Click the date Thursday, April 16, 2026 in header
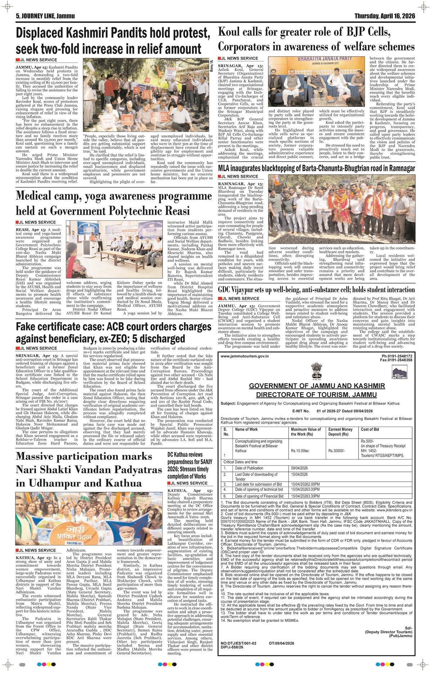pyautogui.click(x=384, y=16)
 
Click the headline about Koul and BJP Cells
pyautogui.click(x=316, y=39)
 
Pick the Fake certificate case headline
pyautogui.click(x=113, y=333)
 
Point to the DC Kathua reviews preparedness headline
pyautogui.click(x=190, y=465)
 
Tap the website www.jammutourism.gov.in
pyautogui.click(x=245, y=356)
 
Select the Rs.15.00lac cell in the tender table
pyautogui.click(x=300, y=450)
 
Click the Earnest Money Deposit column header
pyautogui.click(x=340, y=432)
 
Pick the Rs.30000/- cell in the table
pyautogui.click(x=336, y=450)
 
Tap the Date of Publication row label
pyautogui.click(x=249, y=468)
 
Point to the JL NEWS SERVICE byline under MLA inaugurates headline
pyautogui.click(x=239, y=176)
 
